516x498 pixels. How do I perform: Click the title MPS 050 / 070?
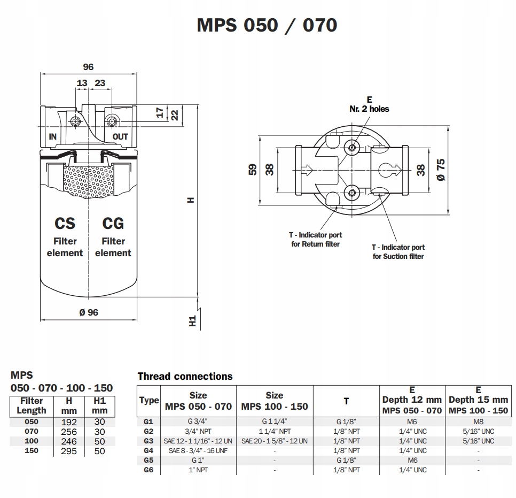click(x=267, y=25)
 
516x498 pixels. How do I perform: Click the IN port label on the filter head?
click(x=53, y=136)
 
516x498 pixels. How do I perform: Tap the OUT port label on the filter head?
click(x=120, y=136)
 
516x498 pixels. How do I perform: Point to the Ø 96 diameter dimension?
click(x=89, y=312)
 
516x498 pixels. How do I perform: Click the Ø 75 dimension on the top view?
click(x=441, y=170)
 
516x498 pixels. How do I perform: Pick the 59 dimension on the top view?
click(x=253, y=170)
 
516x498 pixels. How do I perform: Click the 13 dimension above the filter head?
click(x=82, y=83)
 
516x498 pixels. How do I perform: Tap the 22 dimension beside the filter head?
click(x=175, y=115)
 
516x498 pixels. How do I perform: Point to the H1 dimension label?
click(x=192, y=321)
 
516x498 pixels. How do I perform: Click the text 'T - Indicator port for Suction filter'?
click(x=398, y=251)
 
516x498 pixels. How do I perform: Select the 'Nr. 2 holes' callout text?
click(x=369, y=109)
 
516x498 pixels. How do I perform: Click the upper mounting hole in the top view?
click(x=352, y=147)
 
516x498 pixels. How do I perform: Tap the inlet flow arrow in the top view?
click(x=307, y=170)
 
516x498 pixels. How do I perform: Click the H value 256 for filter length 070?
click(x=69, y=432)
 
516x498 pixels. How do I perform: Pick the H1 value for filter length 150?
click(x=100, y=451)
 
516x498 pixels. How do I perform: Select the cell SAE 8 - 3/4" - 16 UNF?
click(x=198, y=450)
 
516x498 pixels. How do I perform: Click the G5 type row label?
click(x=148, y=460)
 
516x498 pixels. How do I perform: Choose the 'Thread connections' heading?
click(x=185, y=376)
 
